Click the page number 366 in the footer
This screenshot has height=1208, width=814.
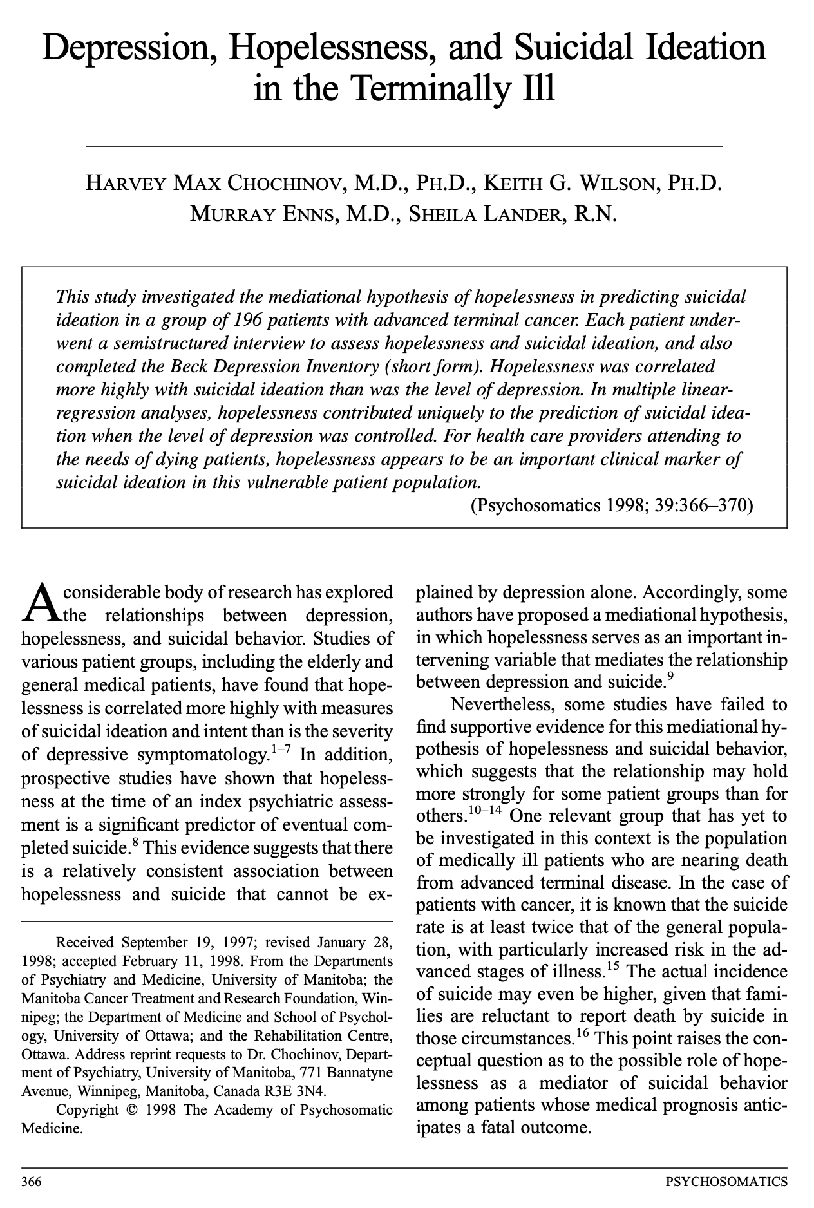point(32,1181)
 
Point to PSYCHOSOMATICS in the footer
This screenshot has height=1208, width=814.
point(726,1181)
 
